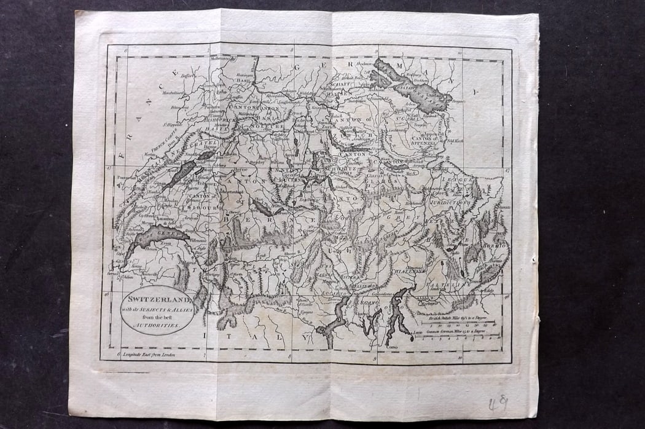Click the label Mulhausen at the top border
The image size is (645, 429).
(225, 58)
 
